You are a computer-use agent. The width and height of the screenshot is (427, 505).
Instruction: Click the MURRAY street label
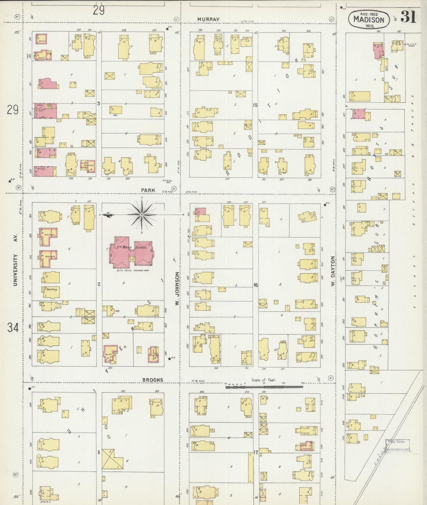point(208,19)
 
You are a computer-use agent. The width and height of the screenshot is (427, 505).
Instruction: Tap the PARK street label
point(148,190)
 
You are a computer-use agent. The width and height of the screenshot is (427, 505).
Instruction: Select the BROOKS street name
point(152,380)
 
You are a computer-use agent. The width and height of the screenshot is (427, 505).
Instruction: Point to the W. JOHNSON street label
point(177,289)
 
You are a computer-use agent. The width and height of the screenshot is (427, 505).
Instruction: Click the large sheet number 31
point(408,17)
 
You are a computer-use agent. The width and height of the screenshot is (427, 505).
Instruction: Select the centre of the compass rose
point(142,215)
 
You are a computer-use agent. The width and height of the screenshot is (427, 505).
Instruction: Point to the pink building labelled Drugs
point(45,171)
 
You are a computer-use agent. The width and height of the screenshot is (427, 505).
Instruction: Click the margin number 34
point(13,327)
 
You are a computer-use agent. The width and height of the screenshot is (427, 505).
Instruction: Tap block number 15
point(256,105)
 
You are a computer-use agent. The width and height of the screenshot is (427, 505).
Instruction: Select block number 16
point(256,285)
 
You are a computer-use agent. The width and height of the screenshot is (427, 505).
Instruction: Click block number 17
point(256,452)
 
